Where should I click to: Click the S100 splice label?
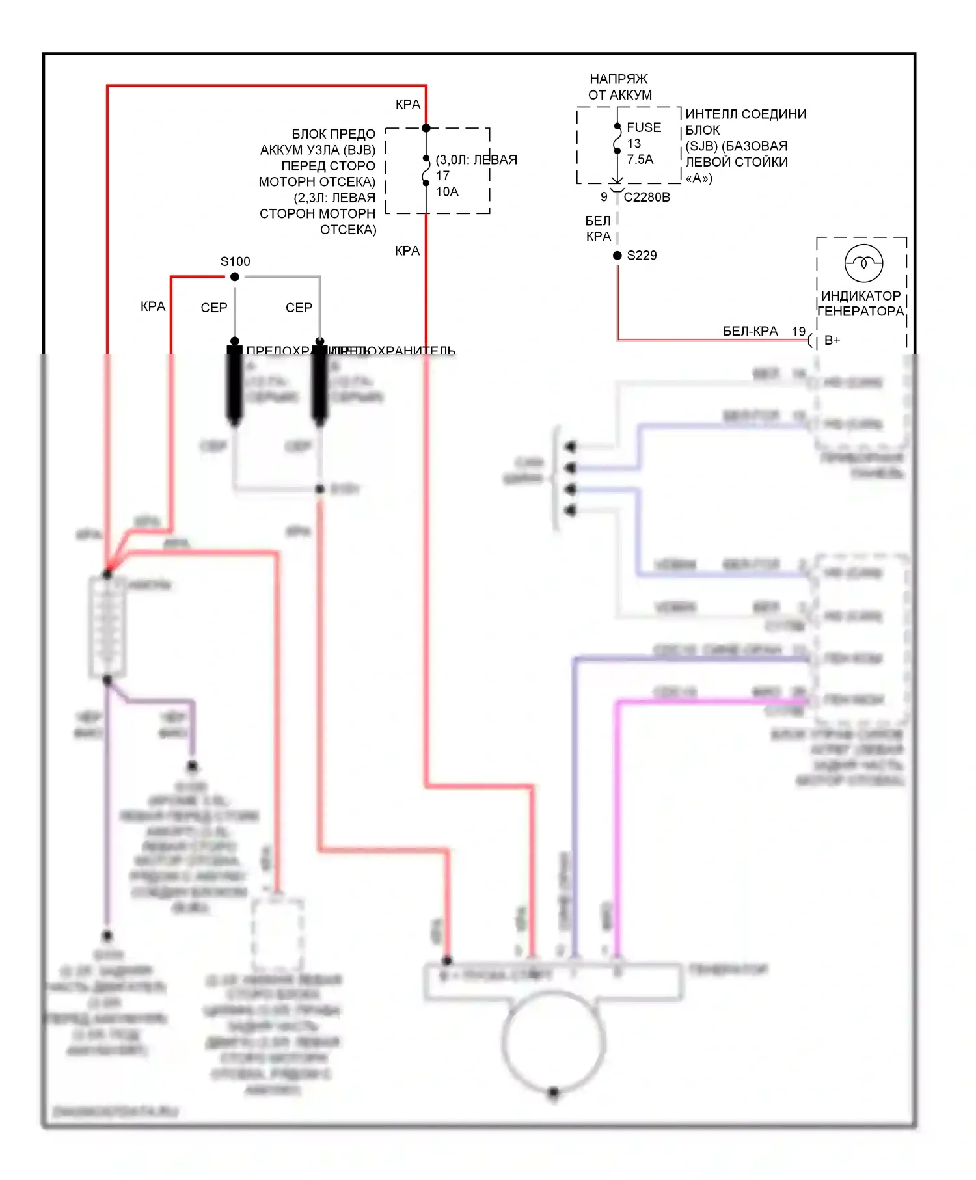point(235,261)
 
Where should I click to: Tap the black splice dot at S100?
point(235,277)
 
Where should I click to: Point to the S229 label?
point(642,256)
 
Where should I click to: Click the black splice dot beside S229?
point(617,256)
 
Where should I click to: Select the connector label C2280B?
point(647,197)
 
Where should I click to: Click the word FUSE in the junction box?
point(644,127)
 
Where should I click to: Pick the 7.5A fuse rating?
point(640,159)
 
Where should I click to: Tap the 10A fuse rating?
point(447,192)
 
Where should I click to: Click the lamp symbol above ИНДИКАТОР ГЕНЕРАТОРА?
point(863,263)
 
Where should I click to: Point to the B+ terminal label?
point(832,340)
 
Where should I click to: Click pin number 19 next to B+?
point(798,332)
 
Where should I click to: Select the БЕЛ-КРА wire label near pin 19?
point(750,332)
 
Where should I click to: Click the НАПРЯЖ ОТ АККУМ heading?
point(619,87)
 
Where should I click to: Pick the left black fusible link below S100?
point(234,384)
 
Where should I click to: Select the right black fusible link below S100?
point(319,384)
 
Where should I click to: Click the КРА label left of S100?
point(153,306)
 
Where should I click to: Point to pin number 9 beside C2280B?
point(604,197)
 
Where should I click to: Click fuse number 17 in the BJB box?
point(442,176)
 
